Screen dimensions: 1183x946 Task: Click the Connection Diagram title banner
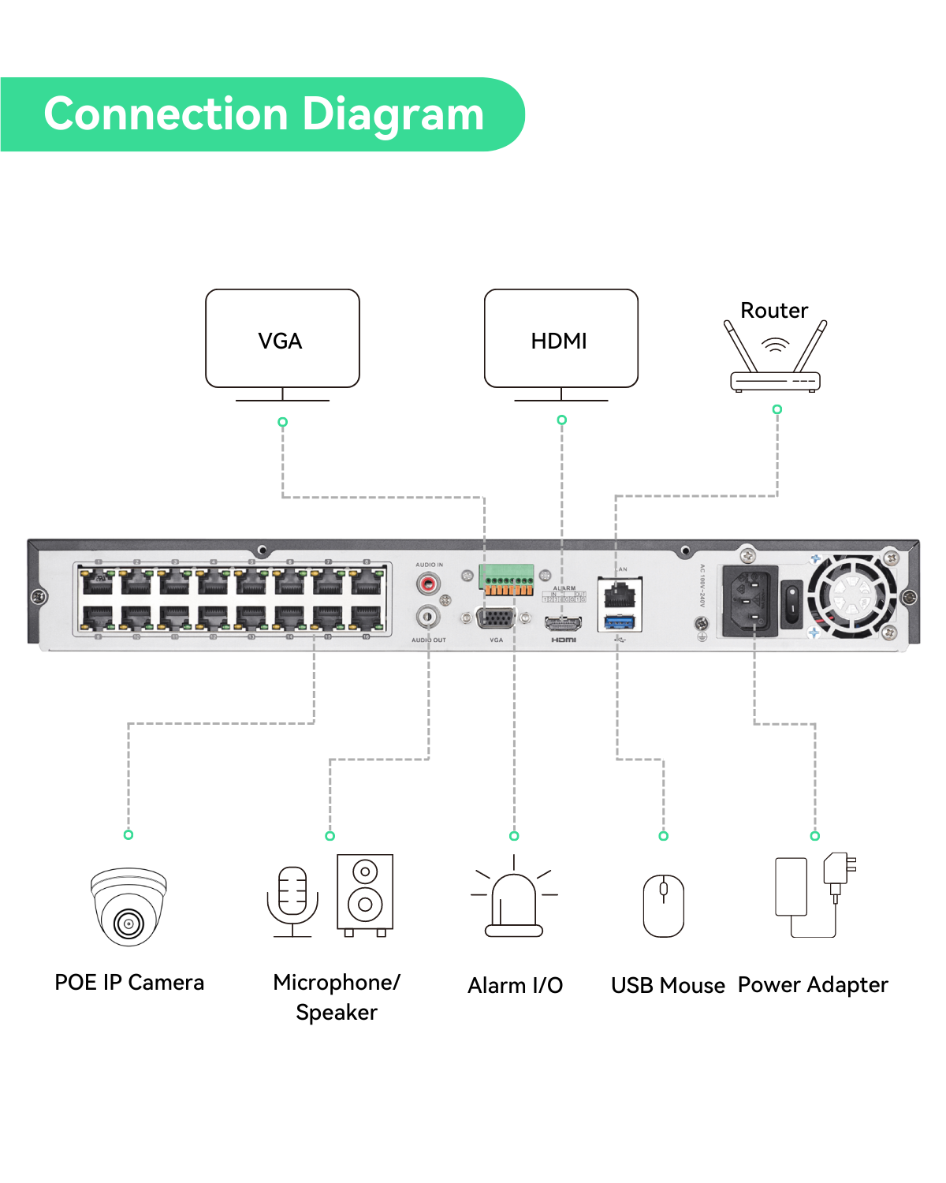[x=263, y=114]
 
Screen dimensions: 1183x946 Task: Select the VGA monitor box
[x=282, y=338]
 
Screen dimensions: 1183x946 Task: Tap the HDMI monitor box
[x=561, y=338]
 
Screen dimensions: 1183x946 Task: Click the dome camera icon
[x=128, y=907]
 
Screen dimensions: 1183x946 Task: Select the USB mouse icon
[x=664, y=905]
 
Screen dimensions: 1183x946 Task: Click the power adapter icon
[x=815, y=895]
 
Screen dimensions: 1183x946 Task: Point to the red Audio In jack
[x=428, y=584]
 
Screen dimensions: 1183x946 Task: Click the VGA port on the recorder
[x=496, y=618]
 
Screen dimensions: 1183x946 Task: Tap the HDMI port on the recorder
[x=564, y=624]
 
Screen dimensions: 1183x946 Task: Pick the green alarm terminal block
[x=506, y=580]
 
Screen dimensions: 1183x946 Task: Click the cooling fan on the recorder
[x=851, y=595]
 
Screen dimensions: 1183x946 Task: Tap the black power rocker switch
[x=791, y=603]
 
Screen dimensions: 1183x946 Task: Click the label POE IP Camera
[x=129, y=983]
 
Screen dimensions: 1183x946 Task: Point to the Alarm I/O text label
[x=515, y=986]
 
